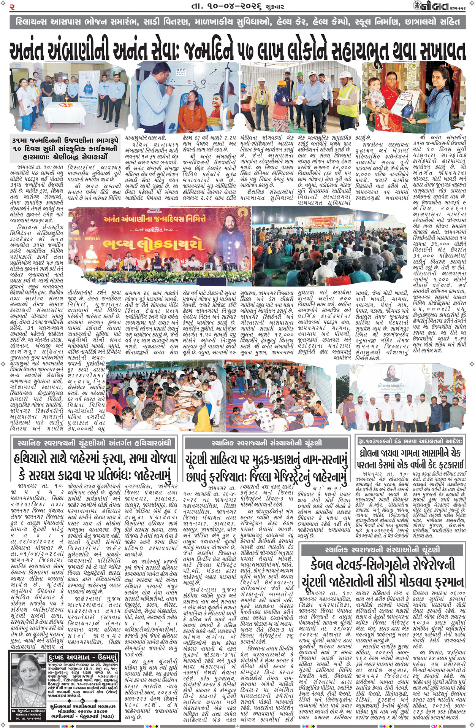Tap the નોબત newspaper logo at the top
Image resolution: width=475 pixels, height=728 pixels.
431,6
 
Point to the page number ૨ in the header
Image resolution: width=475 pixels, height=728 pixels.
12,6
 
